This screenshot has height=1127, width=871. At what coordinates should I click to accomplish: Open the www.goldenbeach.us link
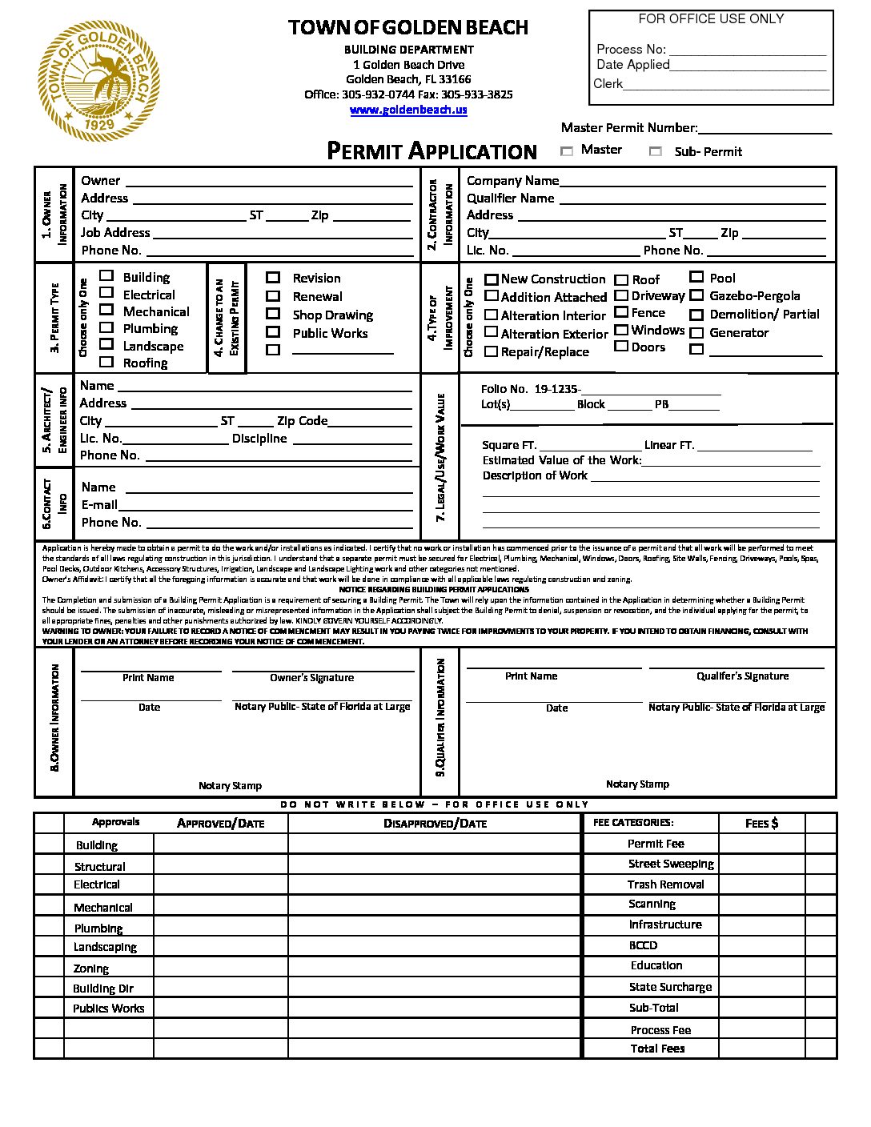click(408, 110)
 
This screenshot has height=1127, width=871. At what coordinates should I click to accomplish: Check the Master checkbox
click(567, 150)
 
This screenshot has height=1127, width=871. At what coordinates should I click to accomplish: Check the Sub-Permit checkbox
click(656, 151)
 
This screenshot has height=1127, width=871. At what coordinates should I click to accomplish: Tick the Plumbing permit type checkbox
click(106, 327)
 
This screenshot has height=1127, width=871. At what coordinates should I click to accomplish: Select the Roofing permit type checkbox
click(106, 362)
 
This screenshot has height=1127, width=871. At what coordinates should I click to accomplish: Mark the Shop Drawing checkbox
click(273, 314)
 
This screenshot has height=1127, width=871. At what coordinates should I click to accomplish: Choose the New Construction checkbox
click(492, 279)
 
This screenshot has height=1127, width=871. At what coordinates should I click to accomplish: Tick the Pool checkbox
click(696, 277)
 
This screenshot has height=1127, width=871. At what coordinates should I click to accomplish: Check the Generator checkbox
click(696, 332)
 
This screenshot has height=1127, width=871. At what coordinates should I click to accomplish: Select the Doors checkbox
click(621, 346)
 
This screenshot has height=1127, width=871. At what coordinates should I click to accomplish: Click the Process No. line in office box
click(746, 50)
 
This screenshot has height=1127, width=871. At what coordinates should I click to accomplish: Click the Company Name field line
click(692, 181)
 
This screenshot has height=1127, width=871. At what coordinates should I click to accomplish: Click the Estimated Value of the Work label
click(561, 460)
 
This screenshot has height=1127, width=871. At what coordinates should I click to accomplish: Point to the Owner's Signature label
click(311, 678)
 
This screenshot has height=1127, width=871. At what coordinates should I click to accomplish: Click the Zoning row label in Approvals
click(91, 969)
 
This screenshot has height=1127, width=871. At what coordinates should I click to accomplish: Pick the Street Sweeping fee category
click(671, 864)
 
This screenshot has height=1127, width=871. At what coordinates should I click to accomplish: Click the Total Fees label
click(657, 1049)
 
